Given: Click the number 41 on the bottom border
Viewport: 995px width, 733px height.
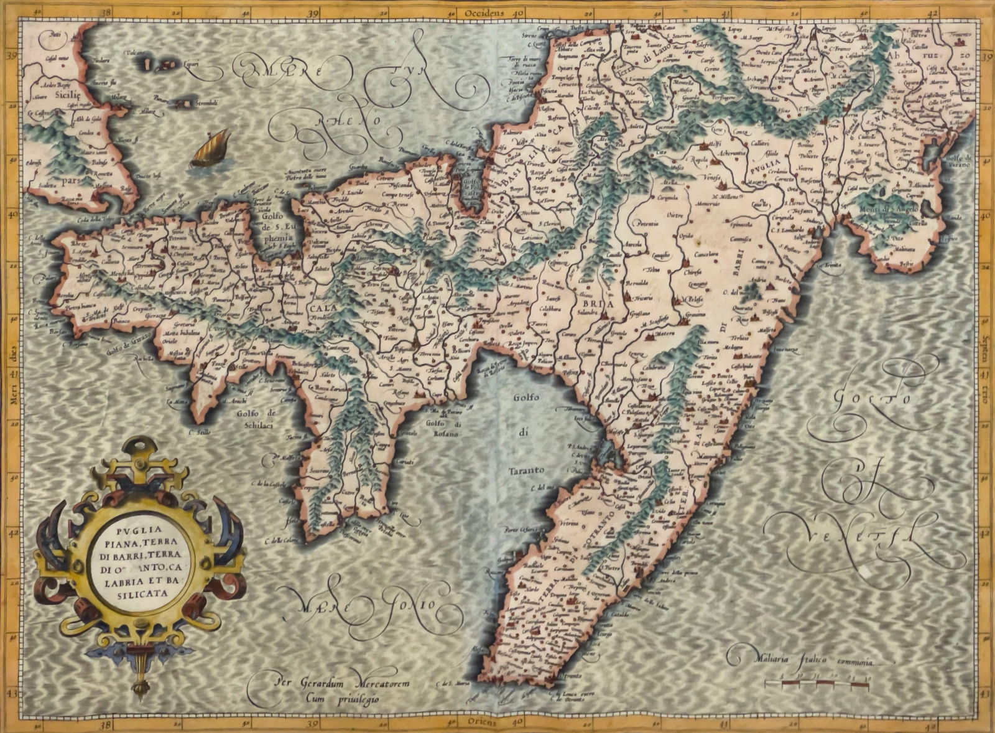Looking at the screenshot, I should click(x=724, y=722).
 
